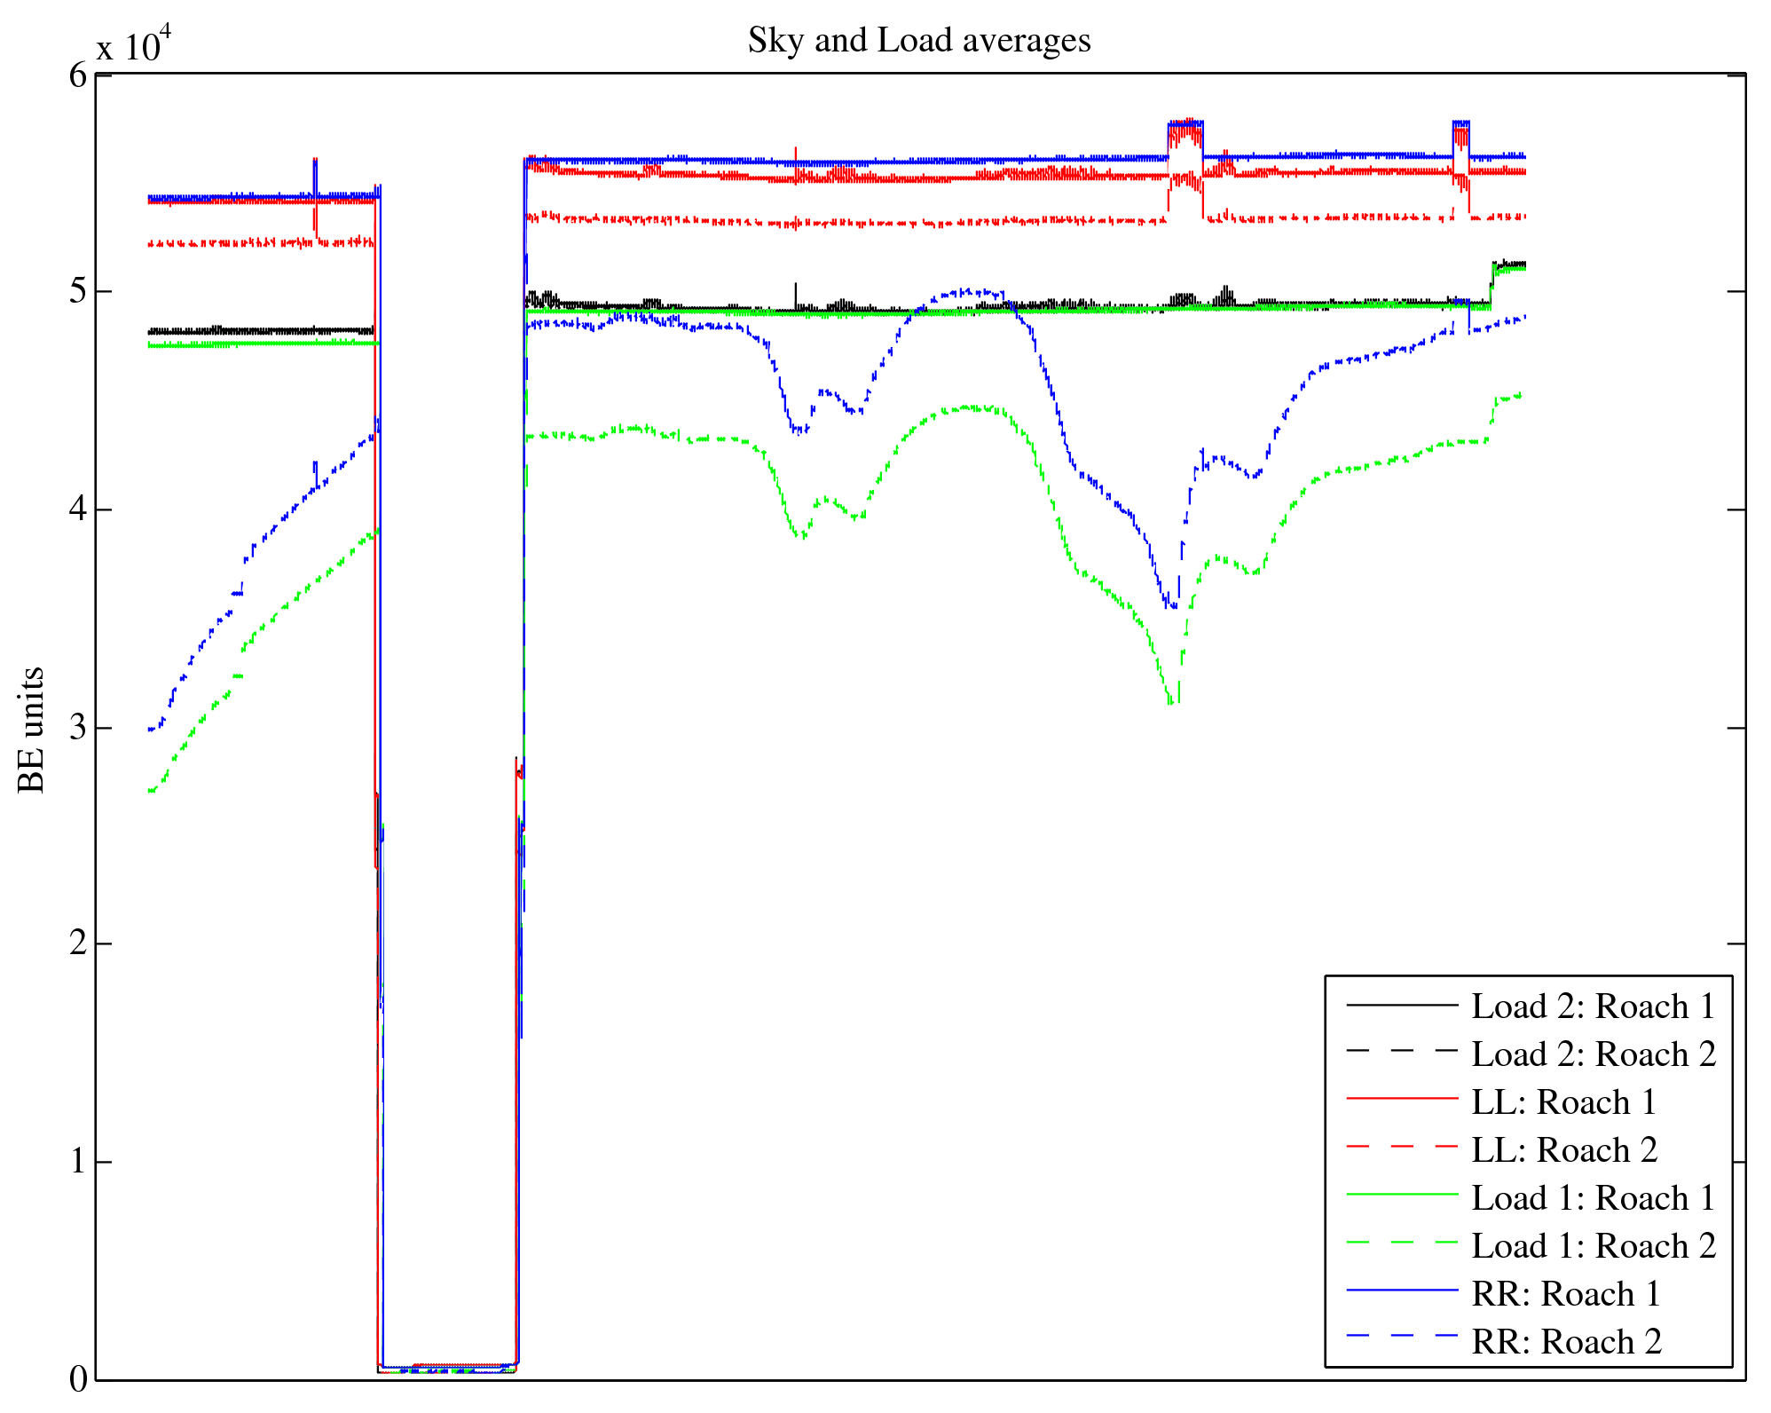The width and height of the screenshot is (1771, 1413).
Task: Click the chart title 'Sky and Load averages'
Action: click(918, 41)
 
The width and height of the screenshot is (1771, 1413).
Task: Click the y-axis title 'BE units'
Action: click(32, 730)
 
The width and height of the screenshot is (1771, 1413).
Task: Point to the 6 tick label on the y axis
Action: click(78, 75)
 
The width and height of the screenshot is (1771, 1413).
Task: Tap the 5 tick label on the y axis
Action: click(78, 291)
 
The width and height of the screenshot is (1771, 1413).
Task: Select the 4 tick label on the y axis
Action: click(78, 509)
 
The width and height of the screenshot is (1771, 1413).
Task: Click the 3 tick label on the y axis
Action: click(78, 728)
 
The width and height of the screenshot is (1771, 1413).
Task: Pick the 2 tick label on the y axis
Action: click(78, 943)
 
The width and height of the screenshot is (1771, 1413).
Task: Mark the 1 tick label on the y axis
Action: click(78, 1162)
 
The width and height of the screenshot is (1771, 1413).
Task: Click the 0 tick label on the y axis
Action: click(78, 1378)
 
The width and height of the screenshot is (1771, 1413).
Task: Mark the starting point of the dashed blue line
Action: click(150, 730)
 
